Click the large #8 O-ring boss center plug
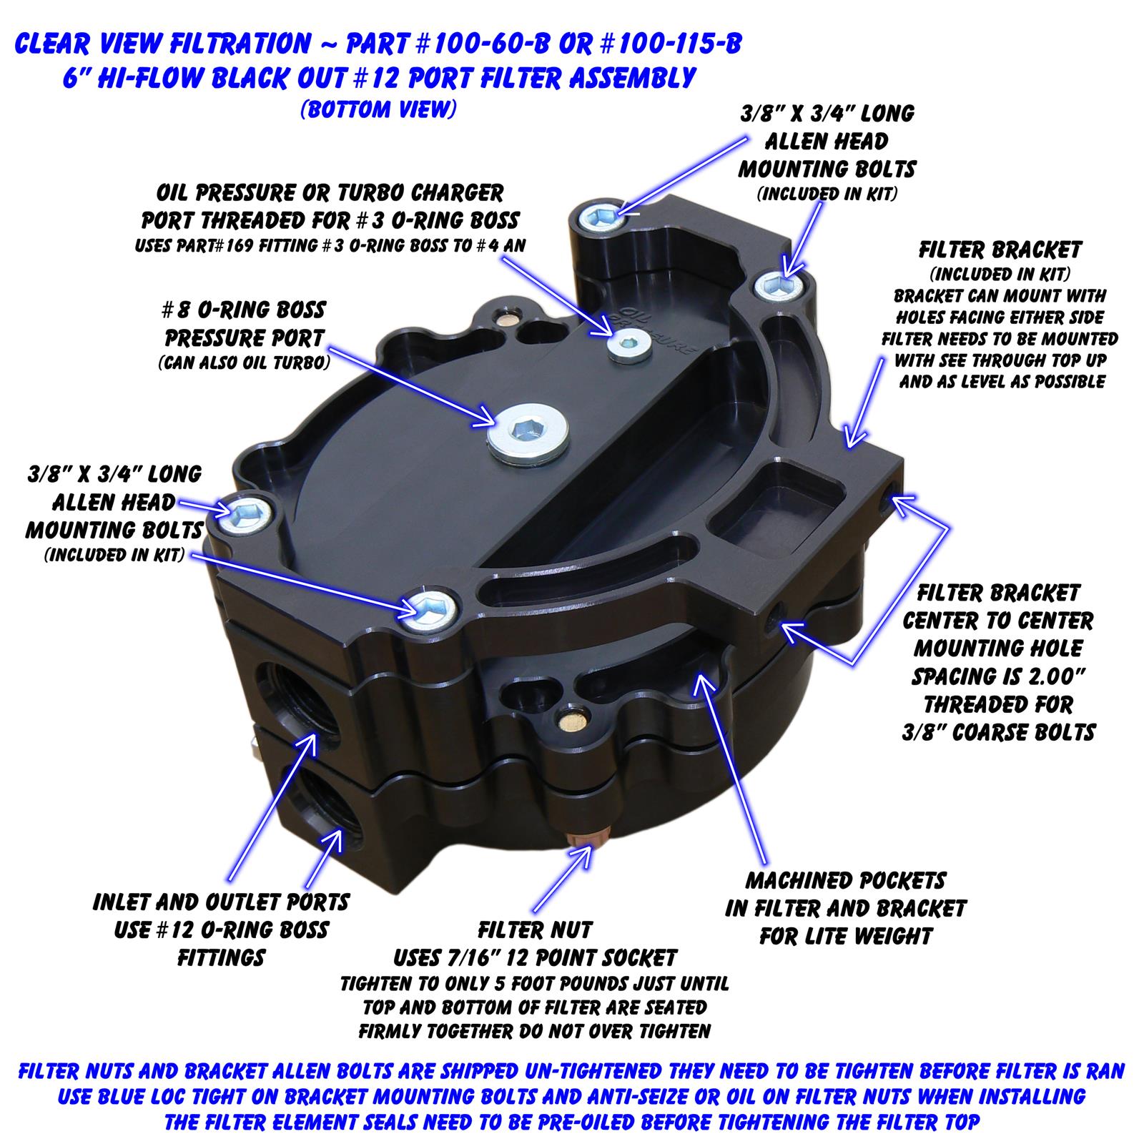coord(528,432)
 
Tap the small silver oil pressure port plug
coord(629,346)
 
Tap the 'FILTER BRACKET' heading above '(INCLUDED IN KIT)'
coord(1000,250)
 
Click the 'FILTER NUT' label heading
coord(536,930)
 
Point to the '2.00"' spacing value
coord(1059,676)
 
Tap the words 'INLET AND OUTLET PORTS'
coord(221,902)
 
